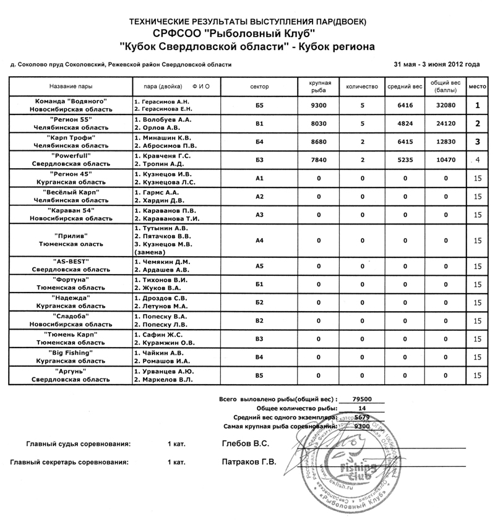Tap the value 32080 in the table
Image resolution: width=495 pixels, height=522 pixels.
click(x=445, y=105)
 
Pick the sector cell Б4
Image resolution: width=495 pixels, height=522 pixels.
click(x=260, y=142)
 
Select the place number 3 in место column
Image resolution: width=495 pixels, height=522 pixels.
click(x=477, y=142)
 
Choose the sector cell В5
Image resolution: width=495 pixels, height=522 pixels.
click(x=260, y=375)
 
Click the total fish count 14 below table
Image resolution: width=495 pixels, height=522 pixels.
click(x=362, y=408)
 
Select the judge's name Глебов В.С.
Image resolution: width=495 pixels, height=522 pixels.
click(x=244, y=444)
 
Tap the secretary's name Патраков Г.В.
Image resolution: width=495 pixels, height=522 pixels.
click(x=248, y=461)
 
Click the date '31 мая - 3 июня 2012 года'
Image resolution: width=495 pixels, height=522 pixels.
click(x=436, y=64)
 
